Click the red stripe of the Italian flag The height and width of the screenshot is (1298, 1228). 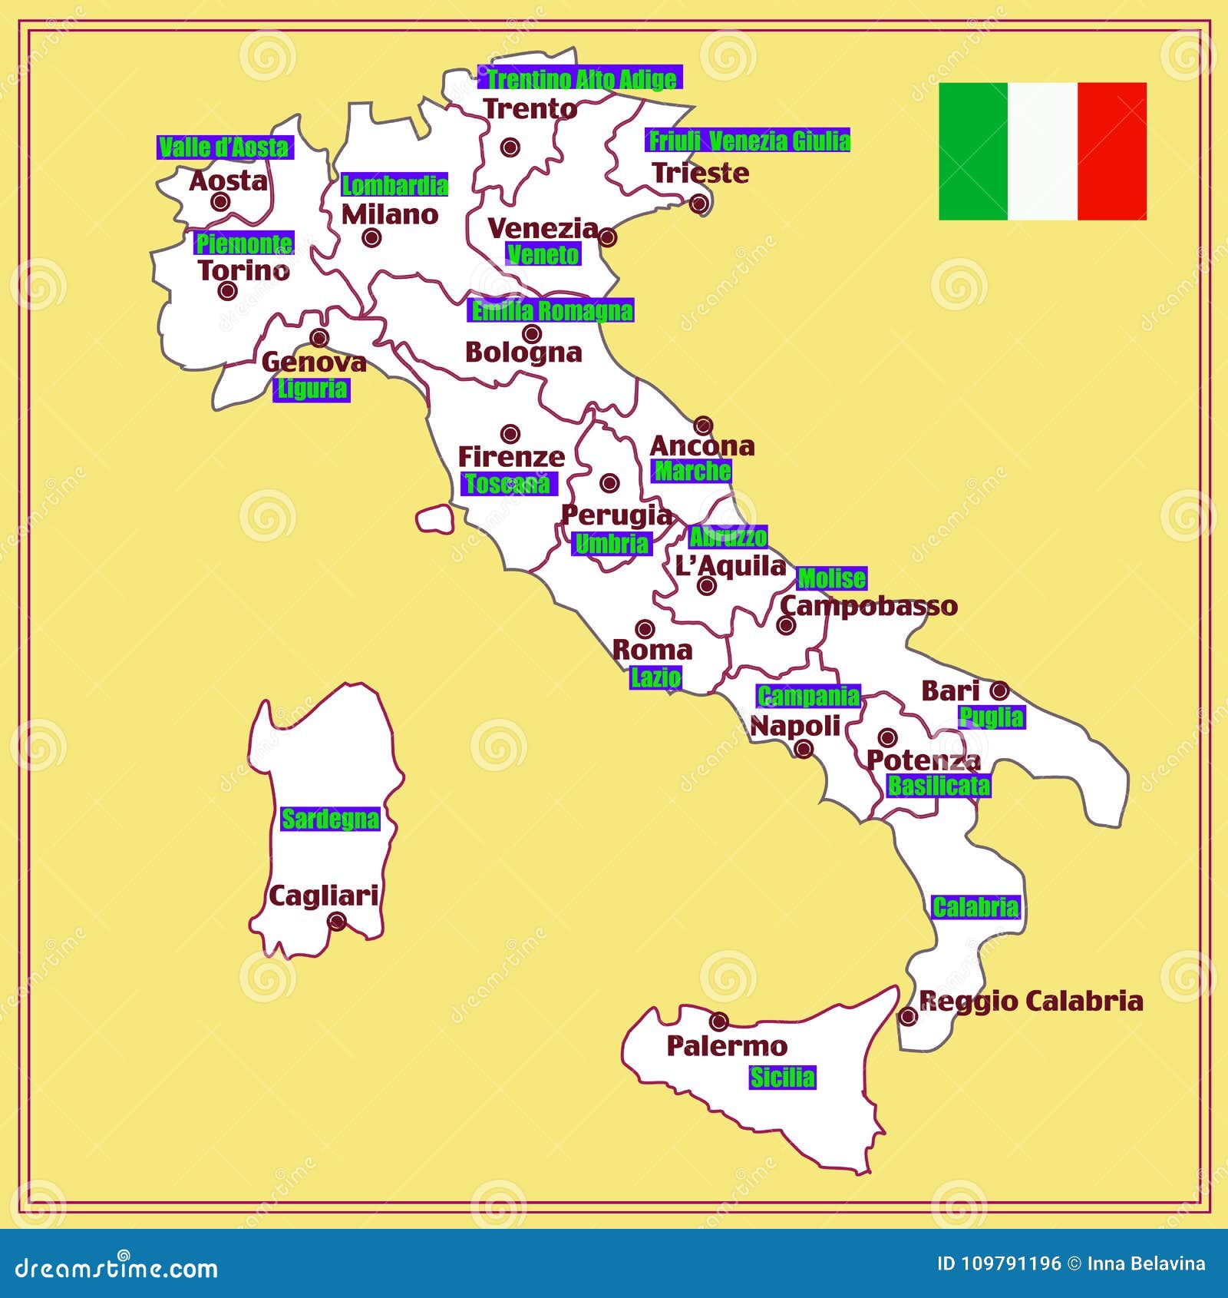pos(1111,151)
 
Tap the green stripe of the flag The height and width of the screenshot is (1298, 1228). pos(972,151)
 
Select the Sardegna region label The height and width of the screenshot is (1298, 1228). pos(330,819)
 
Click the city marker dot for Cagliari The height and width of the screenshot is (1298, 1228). pos(337,921)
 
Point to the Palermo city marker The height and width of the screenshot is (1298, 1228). pos(718,1021)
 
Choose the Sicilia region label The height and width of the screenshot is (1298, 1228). pos(782,1078)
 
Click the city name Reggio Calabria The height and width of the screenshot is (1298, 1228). pos(1031,1001)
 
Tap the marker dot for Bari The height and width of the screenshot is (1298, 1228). pos(999,690)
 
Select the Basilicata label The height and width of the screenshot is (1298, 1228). pos(939,786)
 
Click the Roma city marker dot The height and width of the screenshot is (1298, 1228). pos(645,629)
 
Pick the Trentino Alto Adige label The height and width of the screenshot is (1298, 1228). pos(581,78)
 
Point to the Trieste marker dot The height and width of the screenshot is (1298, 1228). pos(698,204)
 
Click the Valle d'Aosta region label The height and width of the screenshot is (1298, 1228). pos(224,147)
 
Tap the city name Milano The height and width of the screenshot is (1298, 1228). pos(390,214)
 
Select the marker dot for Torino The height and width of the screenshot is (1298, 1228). pos(226,290)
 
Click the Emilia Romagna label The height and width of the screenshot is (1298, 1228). pos(551,310)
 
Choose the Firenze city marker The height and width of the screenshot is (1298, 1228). pos(510,434)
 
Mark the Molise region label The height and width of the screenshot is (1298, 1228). pos(832,578)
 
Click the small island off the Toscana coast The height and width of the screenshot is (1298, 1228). pos(435,518)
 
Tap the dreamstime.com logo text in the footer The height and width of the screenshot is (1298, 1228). pos(117,1267)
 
